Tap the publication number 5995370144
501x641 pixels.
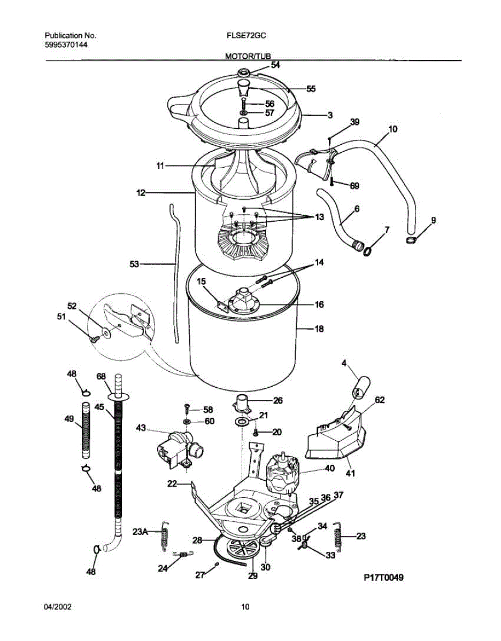tap(66, 45)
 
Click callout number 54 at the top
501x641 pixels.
tap(275, 65)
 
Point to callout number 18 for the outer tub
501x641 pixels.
tap(319, 329)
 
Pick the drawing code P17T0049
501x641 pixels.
tap(383, 577)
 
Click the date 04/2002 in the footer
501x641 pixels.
tap(57, 607)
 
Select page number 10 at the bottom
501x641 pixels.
tap(245, 607)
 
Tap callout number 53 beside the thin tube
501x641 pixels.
tap(134, 263)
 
